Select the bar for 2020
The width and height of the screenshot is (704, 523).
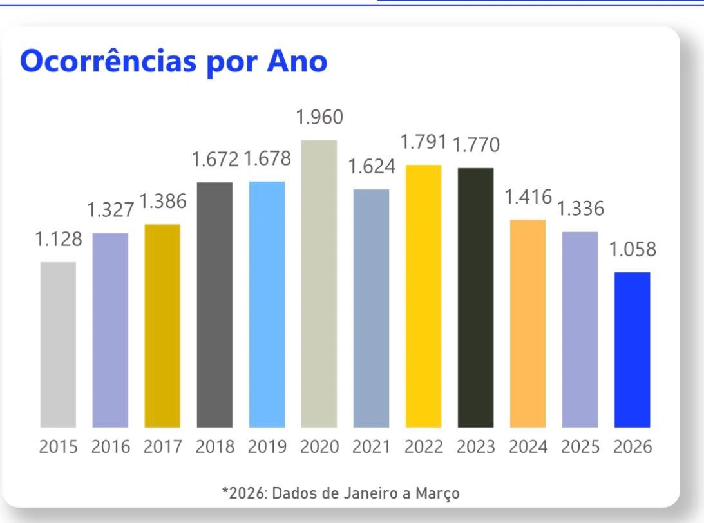click(319, 283)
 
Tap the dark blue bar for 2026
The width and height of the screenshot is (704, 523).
click(632, 350)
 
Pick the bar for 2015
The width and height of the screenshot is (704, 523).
click(58, 345)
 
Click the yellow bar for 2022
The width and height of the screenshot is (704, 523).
click(423, 296)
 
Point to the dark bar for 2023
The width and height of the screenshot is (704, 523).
click(475, 298)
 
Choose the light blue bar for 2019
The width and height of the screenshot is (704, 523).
click(267, 304)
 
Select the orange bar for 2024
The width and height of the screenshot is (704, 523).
click(528, 323)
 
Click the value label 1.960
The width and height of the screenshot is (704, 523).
click(319, 117)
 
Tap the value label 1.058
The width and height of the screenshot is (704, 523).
click(633, 250)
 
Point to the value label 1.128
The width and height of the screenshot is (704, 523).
click(58, 240)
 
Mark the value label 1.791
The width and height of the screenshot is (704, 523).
click(424, 143)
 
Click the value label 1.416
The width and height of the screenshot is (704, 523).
click(528, 198)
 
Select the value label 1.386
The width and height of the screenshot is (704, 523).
click(163, 202)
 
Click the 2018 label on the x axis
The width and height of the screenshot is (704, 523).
click(214, 447)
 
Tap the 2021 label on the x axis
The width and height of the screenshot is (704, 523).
click(371, 447)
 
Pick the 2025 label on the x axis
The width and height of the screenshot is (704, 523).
click(580, 447)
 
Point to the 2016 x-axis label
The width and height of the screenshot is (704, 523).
click(110, 447)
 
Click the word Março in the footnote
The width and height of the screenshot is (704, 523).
click(443, 493)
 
